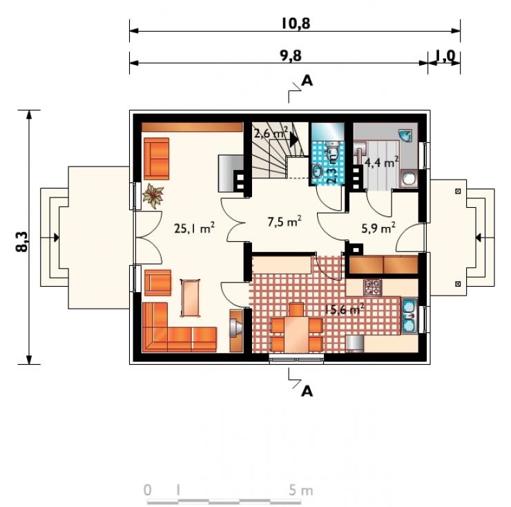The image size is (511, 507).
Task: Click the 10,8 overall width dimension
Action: (296, 23)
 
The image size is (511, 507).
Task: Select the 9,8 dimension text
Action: (291, 56)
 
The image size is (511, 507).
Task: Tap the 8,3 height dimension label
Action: (22, 242)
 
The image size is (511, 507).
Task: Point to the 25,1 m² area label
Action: (194, 228)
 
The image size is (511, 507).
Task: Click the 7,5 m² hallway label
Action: (285, 222)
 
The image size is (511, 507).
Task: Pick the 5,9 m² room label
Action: (378, 228)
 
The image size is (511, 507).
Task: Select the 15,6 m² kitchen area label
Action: (345, 309)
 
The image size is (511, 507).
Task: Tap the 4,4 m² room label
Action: (382, 162)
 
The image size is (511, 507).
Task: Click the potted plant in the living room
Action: (153, 195)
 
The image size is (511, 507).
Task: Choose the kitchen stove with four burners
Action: (372, 287)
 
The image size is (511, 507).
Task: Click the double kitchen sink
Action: (409, 316)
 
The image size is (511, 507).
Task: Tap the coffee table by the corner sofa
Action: (191, 298)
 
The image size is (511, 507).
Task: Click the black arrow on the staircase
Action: (293, 140)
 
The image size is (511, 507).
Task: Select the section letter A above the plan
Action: (307, 81)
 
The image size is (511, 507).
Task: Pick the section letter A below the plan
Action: (307, 391)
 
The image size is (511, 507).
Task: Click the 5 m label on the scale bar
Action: (300, 490)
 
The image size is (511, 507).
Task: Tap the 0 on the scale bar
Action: (148, 490)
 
